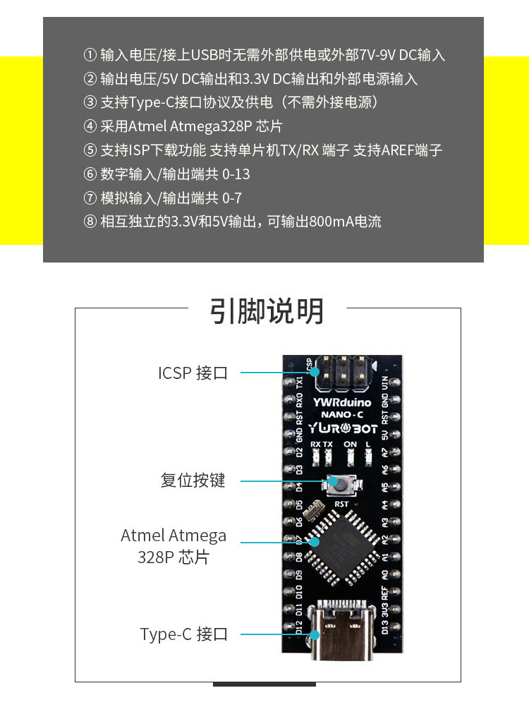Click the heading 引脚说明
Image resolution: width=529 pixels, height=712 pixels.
pos(267,311)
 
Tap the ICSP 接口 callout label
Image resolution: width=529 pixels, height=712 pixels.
pos(193,373)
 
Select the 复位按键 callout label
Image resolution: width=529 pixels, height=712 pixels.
pos(193,481)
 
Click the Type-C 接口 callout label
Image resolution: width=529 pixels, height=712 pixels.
pos(184,634)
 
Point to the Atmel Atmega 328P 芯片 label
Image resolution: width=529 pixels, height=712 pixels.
pos(174,545)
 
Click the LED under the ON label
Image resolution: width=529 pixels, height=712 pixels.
pos(351,458)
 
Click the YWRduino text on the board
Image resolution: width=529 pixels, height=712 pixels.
pos(343,402)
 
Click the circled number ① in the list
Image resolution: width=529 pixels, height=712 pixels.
pos(90,55)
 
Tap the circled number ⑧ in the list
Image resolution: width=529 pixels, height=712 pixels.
pos(90,222)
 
